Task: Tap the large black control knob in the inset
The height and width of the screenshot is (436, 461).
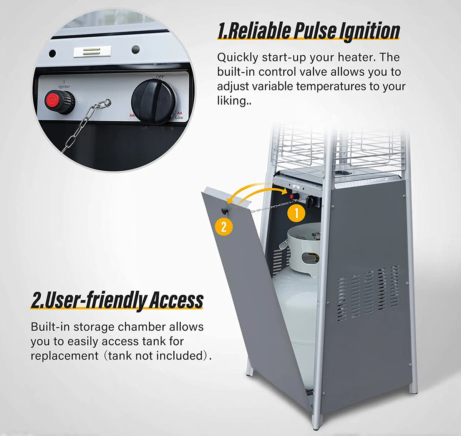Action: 154,101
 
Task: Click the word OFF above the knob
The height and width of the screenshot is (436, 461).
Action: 160,77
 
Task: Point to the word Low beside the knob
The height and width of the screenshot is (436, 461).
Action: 179,118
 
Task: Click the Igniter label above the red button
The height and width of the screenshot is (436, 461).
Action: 64,87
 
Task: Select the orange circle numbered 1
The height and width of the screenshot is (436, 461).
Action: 296,213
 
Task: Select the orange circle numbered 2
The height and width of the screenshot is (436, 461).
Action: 224,226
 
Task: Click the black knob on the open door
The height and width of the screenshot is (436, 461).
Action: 224,211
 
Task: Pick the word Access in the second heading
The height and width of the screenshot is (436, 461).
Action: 176,300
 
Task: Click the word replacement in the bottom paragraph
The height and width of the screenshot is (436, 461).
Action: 65,356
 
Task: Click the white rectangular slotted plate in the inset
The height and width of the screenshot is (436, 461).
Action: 92,52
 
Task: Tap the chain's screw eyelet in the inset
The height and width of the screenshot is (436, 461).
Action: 107,102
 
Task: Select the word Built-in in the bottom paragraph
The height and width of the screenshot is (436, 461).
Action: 50,327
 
